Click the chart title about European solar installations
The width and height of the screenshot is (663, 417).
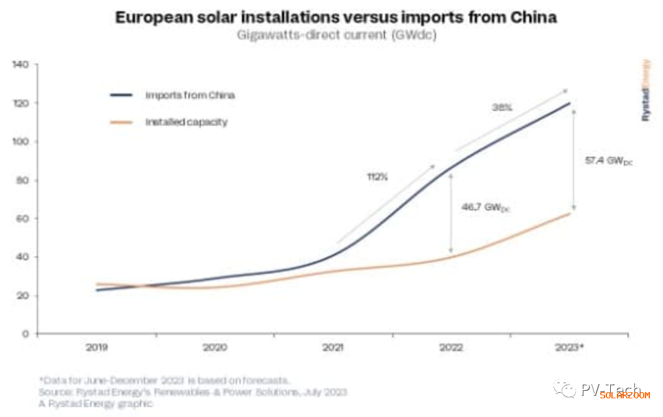[x=336, y=17]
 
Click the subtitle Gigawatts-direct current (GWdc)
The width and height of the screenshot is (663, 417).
[x=336, y=35]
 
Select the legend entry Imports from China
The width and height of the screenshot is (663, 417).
[x=190, y=95]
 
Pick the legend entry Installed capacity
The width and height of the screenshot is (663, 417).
[x=186, y=122]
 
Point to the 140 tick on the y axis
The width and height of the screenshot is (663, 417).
[x=21, y=65]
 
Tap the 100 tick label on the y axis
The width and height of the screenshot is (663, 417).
[x=21, y=142]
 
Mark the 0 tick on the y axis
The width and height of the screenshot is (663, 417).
[x=25, y=334]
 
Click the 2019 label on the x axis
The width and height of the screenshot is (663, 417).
[x=97, y=347]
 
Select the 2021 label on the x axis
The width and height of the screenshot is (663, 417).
[x=334, y=347]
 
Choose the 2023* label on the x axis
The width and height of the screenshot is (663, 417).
[x=570, y=347]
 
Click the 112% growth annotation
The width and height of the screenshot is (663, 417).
[x=376, y=177]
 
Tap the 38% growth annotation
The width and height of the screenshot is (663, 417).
[x=502, y=107]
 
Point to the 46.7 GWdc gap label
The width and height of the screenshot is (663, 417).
[x=485, y=207]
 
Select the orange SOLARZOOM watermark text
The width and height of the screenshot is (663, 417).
[x=624, y=395]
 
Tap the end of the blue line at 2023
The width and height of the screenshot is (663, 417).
[x=570, y=103]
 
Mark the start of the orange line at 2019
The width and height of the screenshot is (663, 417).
[x=98, y=284]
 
